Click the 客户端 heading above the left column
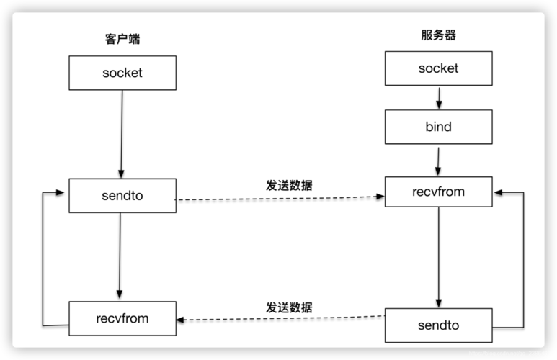pyautogui.click(x=122, y=39)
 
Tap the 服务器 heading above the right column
pyautogui.click(x=438, y=35)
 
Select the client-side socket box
pyautogui.click(x=122, y=73)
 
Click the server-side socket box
pyautogui.click(x=439, y=68)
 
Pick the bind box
pyautogui.click(x=439, y=127)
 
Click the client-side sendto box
pyautogui.click(x=122, y=196)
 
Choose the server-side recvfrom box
pyautogui.click(x=439, y=192)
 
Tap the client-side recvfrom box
pyautogui.click(x=122, y=318)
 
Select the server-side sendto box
pyautogui.click(x=439, y=325)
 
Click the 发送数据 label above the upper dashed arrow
pyautogui.click(x=289, y=185)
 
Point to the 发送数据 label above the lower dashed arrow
pyautogui.click(x=289, y=307)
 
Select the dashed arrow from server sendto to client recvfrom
pyautogui.click(x=280, y=318)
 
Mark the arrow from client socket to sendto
pyautogui.click(x=122, y=134)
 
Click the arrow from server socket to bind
pyautogui.click(x=439, y=98)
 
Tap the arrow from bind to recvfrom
pyautogui.click(x=438, y=161)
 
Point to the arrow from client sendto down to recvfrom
pyautogui.click(x=120, y=256)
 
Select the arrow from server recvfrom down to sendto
pyautogui.click(x=439, y=257)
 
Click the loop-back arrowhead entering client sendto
pyautogui.click(x=60, y=192)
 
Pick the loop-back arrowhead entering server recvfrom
pyautogui.click(x=498, y=192)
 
